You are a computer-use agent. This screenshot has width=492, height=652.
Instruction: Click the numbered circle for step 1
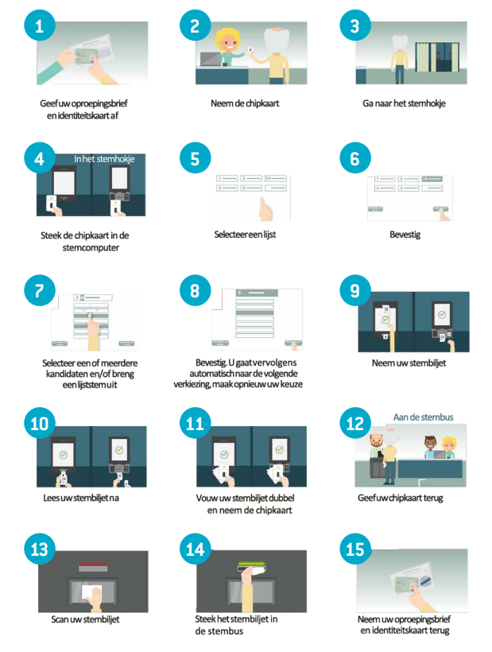(40, 25)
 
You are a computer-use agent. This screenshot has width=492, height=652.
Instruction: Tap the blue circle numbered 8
(195, 290)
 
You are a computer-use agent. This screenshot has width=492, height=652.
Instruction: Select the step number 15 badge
(355, 549)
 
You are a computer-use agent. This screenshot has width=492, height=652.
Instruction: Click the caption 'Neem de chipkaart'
(245, 103)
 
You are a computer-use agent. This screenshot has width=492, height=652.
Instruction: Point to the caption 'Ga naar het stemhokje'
(404, 103)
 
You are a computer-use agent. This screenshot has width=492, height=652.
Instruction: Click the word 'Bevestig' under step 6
(405, 235)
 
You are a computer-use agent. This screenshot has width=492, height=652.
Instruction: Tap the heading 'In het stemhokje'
(104, 159)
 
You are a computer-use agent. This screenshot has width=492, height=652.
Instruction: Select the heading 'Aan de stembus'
(423, 417)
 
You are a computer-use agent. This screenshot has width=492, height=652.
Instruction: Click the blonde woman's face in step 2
(227, 42)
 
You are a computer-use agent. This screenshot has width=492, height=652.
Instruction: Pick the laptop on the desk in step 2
(211, 59)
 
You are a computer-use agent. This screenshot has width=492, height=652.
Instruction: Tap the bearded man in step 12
(376, 457)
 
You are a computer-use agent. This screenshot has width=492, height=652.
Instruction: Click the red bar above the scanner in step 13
(93, 566)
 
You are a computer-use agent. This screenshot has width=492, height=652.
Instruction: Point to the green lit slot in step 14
(251, 565)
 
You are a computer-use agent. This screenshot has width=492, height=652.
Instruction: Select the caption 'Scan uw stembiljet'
(85, 619)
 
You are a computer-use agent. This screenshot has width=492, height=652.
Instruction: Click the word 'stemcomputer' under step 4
(91, 248)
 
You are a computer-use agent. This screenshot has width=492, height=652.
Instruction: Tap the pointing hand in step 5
(265, 208)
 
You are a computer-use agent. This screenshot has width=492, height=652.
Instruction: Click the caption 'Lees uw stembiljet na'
(81, 498)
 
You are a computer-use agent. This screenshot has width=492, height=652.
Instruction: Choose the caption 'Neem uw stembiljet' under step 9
(409, 363)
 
